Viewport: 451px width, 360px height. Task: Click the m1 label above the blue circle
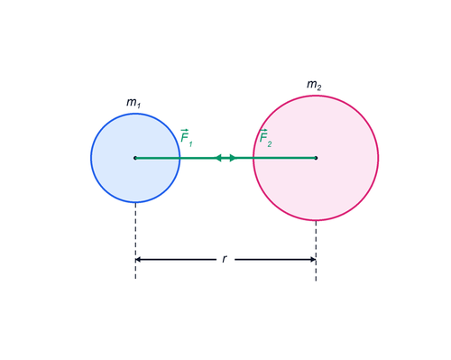tap(133, 103)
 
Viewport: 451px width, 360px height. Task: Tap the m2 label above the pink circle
tap(314, 85)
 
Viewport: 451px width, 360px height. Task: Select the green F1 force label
tap(187, 138)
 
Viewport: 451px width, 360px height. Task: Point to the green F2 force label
tap(265, 138)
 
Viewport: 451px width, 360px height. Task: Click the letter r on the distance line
tap(225, 259)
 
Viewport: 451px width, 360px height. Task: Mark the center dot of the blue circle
tap(135, 158)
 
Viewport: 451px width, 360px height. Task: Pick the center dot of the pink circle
tap(316, 158)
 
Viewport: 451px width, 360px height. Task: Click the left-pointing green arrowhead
tap(218, 158)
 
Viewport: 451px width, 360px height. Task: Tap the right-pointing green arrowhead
tap(233, 158)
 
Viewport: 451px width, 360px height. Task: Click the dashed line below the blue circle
tap(135, 241)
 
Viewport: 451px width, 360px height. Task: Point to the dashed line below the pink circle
tap(316, 251)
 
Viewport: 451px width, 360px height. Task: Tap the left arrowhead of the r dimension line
tap(138, 259)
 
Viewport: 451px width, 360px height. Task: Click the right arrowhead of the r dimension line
tap(313, 259)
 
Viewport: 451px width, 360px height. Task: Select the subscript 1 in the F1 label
tap(190, 144)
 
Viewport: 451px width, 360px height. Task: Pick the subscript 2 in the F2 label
tap(270, 144)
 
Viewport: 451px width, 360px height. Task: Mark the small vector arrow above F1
tap(184, 130)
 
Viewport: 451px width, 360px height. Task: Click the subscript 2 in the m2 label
tap(318, 88)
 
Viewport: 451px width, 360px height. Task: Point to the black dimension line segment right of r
tap(275, 259)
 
